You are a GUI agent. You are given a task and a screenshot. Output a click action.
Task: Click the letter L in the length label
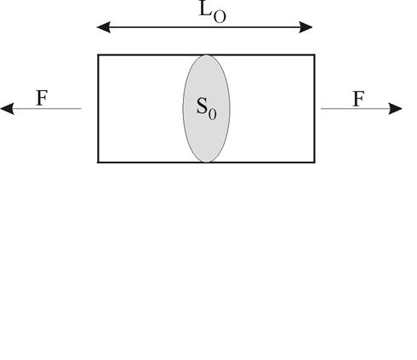206,9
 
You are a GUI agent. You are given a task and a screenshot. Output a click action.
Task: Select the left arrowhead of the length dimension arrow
104,27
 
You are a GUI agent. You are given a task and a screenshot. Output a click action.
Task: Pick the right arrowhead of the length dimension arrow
306,27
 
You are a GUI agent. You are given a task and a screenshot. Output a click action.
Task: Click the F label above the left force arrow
43,98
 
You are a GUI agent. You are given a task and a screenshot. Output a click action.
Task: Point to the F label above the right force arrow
358,99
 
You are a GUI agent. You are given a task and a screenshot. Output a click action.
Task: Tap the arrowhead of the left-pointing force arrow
7,109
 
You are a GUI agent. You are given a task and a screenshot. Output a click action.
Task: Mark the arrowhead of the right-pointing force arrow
395,109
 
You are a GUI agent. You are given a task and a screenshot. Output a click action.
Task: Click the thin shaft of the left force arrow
48,109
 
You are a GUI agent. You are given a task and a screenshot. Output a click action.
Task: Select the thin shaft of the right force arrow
355,109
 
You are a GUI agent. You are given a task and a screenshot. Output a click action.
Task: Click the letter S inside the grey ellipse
202,106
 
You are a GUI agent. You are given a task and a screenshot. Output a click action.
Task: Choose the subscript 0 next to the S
212,114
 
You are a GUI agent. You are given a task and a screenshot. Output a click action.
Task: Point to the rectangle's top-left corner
98,54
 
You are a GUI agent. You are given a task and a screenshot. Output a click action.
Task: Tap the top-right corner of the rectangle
315,54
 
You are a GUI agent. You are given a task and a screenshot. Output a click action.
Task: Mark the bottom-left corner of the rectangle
98,163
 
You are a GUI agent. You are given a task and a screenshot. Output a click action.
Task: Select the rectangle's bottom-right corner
315,163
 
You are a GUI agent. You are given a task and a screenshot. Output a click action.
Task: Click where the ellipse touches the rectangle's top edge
206,54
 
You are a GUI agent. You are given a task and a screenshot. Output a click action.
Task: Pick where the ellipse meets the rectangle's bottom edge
207,163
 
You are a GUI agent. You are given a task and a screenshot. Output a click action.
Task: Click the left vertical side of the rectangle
98,108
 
